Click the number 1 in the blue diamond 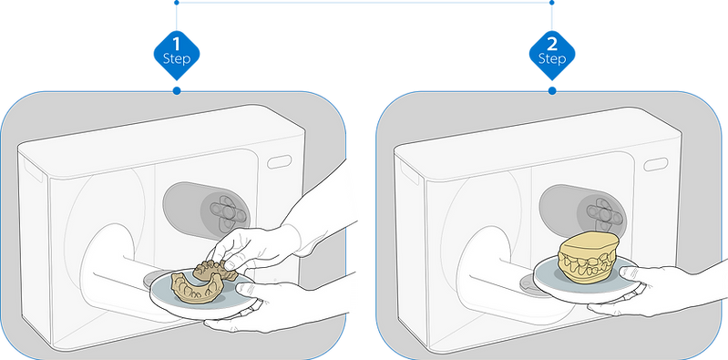[176, 44]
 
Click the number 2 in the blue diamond [552, 44]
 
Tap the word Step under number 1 [177, 59]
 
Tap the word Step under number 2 [552, 59]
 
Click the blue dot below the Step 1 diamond [177, 91]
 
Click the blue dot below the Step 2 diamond [552, 91]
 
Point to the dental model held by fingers [215, 271]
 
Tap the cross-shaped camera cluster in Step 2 [602, 212]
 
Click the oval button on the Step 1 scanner [279, 161]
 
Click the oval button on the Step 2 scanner [656, 164]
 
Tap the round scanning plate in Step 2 [586, 277]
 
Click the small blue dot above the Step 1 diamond [177, 3]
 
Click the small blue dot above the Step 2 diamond [552, 3]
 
